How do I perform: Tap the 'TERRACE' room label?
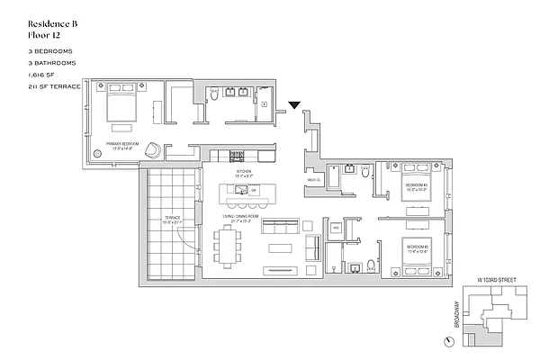tap(171, 217)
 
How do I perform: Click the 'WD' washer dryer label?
tap(335, 229)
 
